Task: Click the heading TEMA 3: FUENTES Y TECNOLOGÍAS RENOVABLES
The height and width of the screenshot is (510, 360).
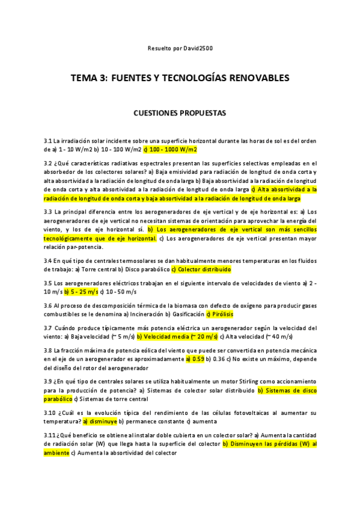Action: [x=180, y=78]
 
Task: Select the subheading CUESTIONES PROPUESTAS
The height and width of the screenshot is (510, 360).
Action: [x=180, y=112]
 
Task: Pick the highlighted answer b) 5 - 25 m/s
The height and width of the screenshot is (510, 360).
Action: [x=81, y=292]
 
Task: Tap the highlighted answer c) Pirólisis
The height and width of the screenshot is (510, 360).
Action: [x=219, y=314]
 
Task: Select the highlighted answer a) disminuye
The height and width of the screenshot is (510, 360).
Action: [x=100, y=421]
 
